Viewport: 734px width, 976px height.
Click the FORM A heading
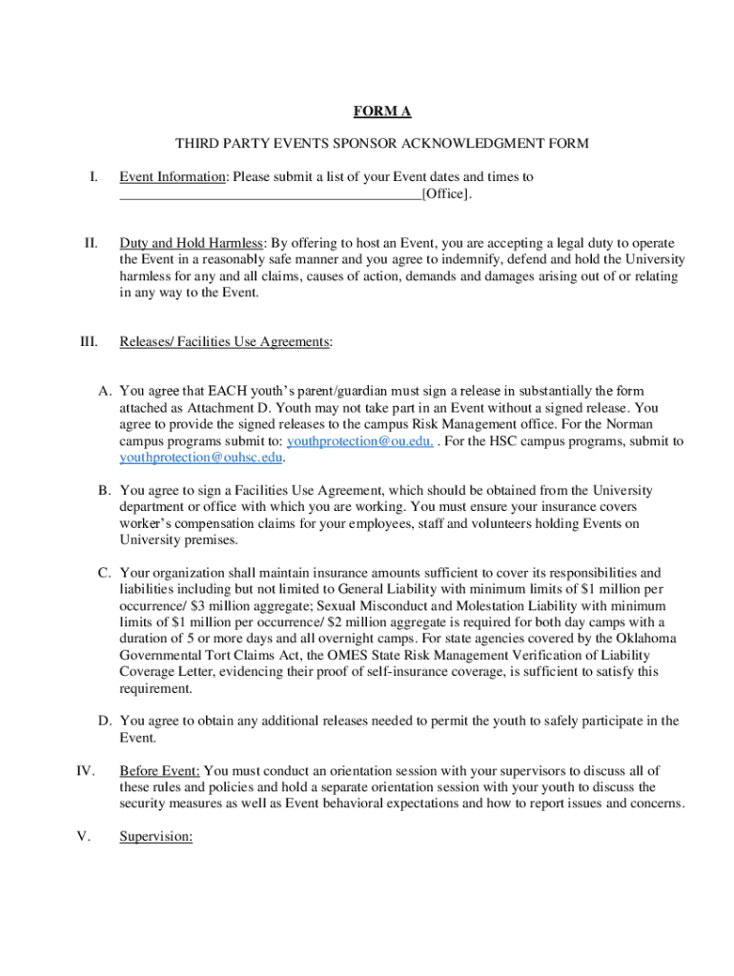(382, 112)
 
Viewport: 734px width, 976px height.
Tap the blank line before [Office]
(270, 195)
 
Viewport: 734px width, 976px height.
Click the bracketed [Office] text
(445, 194)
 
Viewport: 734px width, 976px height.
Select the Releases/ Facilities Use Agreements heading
(225, 342)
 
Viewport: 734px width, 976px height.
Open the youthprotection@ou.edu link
(360, 441)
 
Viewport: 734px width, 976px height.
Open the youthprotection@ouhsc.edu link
(201, 457)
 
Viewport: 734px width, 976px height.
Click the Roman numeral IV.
(86, 770)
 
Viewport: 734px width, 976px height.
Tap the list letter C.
(105, 573)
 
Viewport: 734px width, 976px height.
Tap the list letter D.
(105, 721)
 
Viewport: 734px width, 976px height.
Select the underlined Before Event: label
(159, 770)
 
